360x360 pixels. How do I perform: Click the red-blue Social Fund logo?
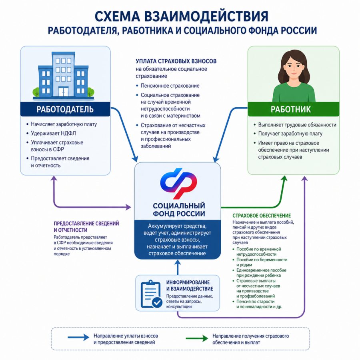pos(178,183)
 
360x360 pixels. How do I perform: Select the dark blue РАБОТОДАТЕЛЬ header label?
pos(65,109)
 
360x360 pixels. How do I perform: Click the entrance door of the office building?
pos(63,92)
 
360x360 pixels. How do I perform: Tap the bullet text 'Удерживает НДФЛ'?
pos(53,133)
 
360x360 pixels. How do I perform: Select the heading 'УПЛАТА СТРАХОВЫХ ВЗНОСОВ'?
pos(176,61)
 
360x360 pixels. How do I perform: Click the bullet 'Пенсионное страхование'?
pos(170,86)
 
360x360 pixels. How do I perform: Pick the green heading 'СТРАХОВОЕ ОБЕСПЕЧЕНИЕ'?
pos(262,216)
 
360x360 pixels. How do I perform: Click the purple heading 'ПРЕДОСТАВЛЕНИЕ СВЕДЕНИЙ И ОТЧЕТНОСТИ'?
pos(86,227)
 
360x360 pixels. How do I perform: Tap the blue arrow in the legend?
pos(78,337)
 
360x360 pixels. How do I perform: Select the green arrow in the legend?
pos(197,338)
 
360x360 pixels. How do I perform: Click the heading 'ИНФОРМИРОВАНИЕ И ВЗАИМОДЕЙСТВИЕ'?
pos(190,285)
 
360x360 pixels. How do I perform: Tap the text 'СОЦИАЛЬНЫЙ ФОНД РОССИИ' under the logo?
pos(179,210)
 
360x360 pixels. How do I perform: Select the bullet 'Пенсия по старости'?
pos(255,302)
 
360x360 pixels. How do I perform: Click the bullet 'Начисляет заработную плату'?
pos(64,124)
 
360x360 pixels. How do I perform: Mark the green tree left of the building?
pos(36,92)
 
